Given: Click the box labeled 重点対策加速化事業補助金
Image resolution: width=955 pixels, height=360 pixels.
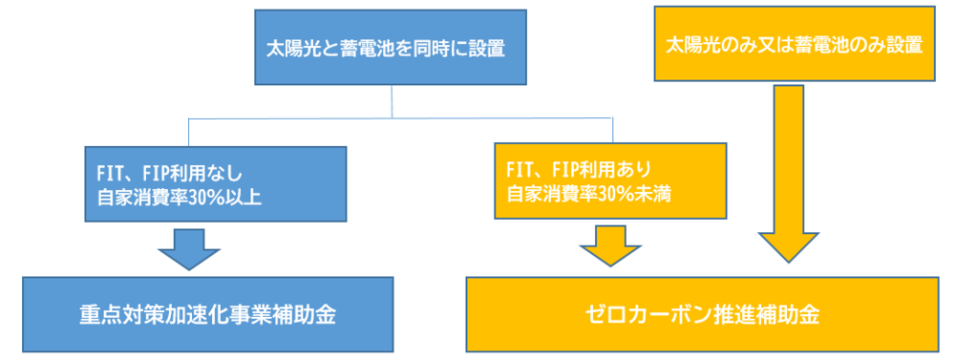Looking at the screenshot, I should pos(207,314).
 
